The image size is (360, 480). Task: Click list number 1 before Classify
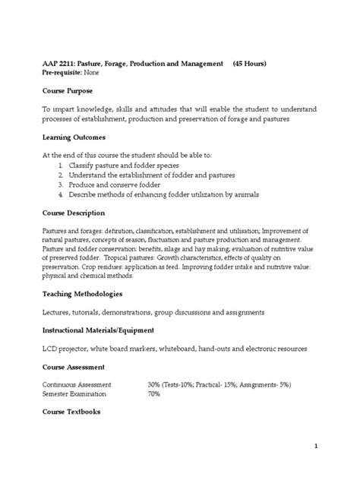(x=59, y=165)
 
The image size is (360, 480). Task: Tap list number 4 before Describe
(x=59, y=194)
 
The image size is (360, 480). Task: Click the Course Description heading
(x=77, y=213)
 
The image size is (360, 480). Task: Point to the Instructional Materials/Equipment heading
(x=109, y=330)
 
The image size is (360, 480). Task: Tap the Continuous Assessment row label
(x=77, y=385)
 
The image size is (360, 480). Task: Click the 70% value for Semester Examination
(x=154, y=395)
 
